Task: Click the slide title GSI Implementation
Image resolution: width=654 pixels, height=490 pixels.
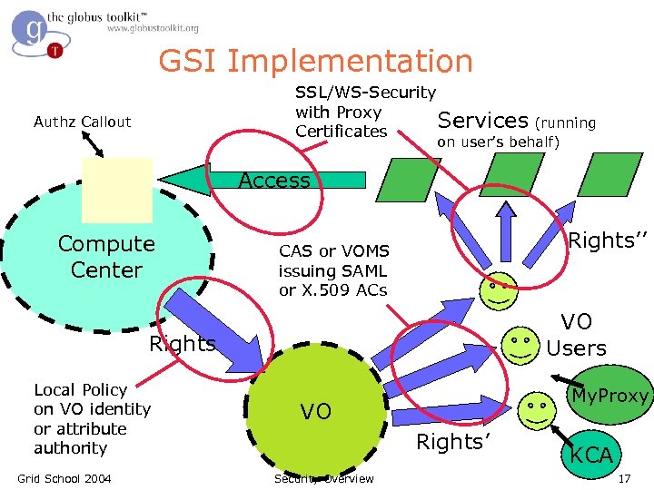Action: (x=315, y=62)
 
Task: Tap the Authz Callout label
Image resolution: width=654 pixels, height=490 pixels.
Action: (x=82, y=122)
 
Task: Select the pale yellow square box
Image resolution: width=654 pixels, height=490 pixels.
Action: (x=116, y=190)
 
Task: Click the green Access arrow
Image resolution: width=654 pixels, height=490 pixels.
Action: (x=272, y=181)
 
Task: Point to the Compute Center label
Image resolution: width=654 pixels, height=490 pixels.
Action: (x=106, y=257)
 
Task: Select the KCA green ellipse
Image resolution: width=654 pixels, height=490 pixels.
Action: (x=591, y=455)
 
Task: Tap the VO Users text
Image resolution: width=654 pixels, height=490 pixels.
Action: (x=576, y=334)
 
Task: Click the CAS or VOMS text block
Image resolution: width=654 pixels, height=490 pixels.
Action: (x=333, y=270)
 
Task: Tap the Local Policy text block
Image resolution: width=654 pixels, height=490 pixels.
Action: (x=92, y=418)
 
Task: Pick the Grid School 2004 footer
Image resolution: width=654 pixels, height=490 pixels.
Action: (x=64, y=478)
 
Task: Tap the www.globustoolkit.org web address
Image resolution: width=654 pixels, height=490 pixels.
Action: (x=152, y=29)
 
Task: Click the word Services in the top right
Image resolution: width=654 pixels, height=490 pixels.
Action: (x=482, y=120)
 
